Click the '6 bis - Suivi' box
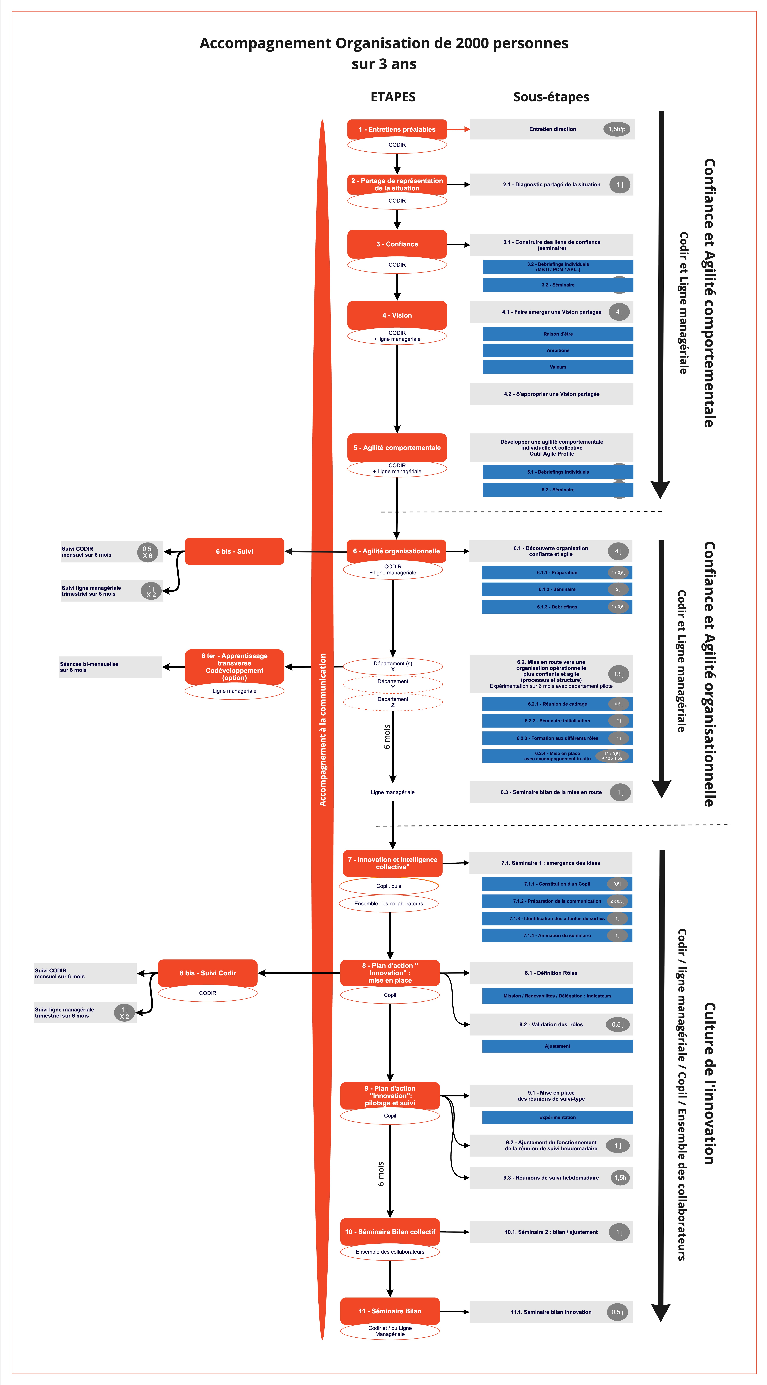click(x=234, y=551)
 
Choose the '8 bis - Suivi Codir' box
click(x=207, y=973)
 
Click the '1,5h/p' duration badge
click(x=617, y=129)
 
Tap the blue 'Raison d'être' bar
click(x=558, y=334)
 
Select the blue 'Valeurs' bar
click(x=558, y=367)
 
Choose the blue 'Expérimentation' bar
click(x=557, y=1117)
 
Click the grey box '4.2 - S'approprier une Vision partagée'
click(x=551, y=394)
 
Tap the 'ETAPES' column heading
click(x=393, y=97)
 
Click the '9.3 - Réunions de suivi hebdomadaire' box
click(x=551, y=1177)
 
